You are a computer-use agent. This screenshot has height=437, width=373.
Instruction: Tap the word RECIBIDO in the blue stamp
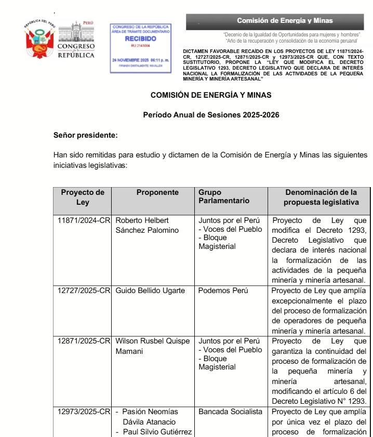[x=140, y=39]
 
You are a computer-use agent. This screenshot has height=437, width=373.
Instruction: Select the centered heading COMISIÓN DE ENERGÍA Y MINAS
[x=211, y=95]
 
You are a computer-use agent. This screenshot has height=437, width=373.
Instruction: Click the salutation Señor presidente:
[x=86, y=135]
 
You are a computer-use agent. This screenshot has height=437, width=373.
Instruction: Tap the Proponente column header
[x=154, y=192]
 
